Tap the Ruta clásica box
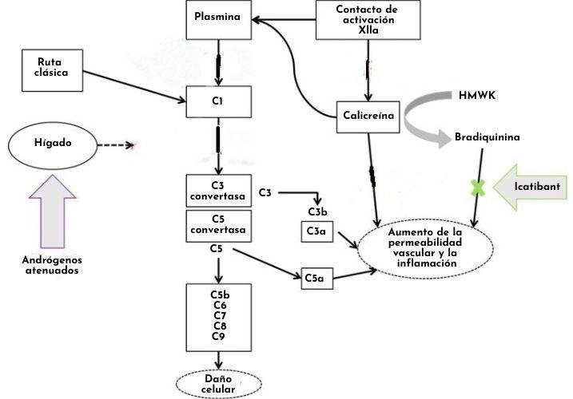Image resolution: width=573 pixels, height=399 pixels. pyautogui.click(x=52, y=66)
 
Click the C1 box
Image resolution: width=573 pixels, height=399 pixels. pyautogui.click(x=219, y=101)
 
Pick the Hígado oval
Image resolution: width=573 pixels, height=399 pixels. pyautogui.click(x=52, y=145)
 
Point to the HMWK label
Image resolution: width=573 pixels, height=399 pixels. pyautogui.click(x=477, y=96)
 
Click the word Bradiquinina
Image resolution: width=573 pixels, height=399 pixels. pyautogui.click(x=487, y=136)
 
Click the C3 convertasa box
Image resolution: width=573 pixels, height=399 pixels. pyautogui.click(x=218, y=192)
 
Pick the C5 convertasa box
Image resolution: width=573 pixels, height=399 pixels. pyautogui.click(x=218, y=226)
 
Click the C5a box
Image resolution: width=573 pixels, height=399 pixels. pyautogui.click(x=314, y=278)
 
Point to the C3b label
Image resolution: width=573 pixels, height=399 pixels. pyautogui.click(x=317, y=211)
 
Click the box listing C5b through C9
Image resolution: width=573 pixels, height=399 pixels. pyautogui.click(x=218, y=314)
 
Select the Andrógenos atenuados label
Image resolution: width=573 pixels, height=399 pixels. pyautogui.click(x=53, y=264)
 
